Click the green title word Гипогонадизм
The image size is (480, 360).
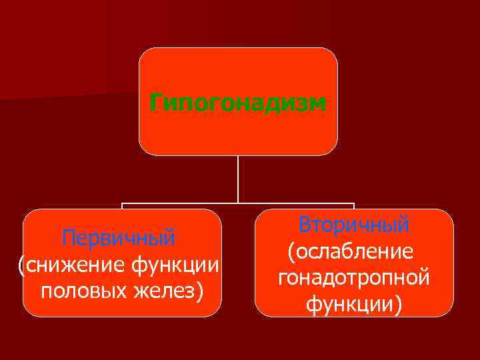238,103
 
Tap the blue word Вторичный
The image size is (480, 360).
354,224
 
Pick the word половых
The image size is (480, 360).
81,291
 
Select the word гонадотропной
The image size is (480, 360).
353,278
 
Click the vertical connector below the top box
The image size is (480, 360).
238,179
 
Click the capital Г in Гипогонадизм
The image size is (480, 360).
156,103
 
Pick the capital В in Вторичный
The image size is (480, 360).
305,224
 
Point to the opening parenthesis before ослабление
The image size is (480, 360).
291,252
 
